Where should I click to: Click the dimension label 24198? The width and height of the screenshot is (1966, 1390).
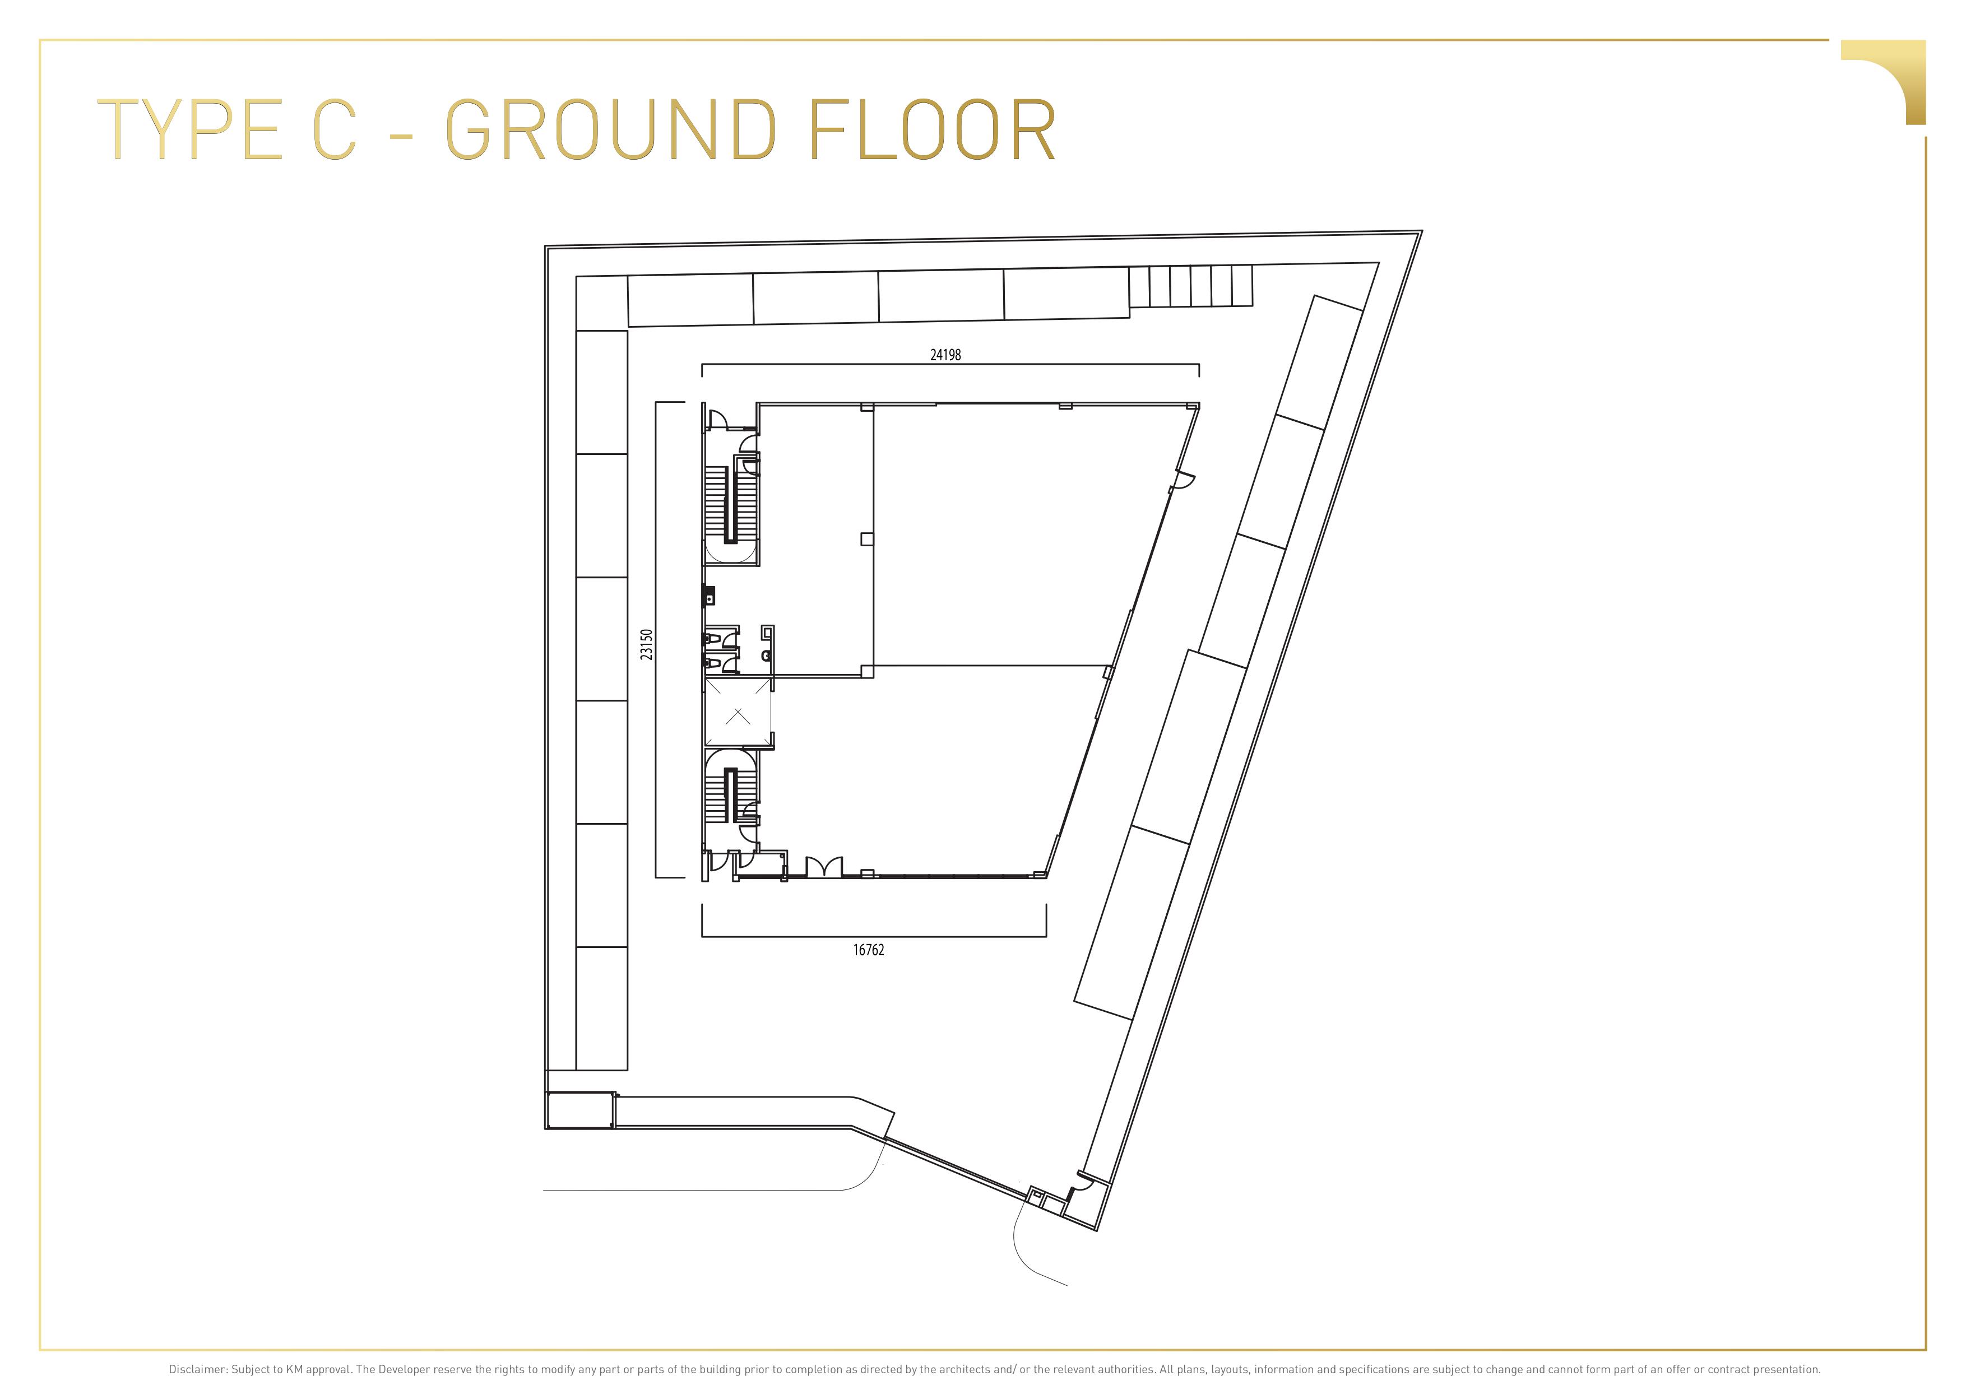tap(945, 354)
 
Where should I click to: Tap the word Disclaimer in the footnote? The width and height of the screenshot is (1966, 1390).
tap(198, 1369)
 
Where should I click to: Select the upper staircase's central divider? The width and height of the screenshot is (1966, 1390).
tap(730, 505)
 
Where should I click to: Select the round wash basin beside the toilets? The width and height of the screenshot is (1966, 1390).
tap(766, 656)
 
